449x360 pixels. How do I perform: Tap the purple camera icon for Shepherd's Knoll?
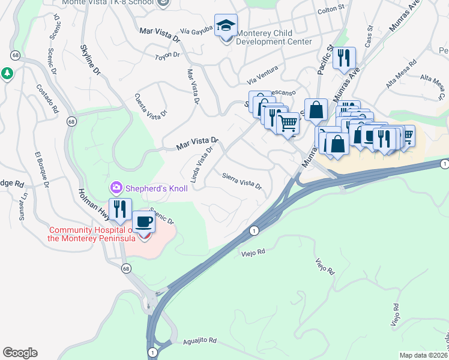tap(116, 188)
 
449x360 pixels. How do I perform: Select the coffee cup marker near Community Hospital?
tap(144, 223)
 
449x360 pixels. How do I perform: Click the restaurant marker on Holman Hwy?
tap(119, 209)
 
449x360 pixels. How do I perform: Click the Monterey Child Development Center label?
tap(273, 37)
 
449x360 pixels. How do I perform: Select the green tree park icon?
tap(7, 73)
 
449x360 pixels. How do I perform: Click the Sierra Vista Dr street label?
tap(242, 181)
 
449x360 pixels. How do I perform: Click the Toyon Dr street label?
tap(167, 55)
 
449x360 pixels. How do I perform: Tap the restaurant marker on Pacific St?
tap(344, 59)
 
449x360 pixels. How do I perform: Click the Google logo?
tap(20, 353)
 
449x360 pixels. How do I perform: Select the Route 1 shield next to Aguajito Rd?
tap(153, 352)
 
